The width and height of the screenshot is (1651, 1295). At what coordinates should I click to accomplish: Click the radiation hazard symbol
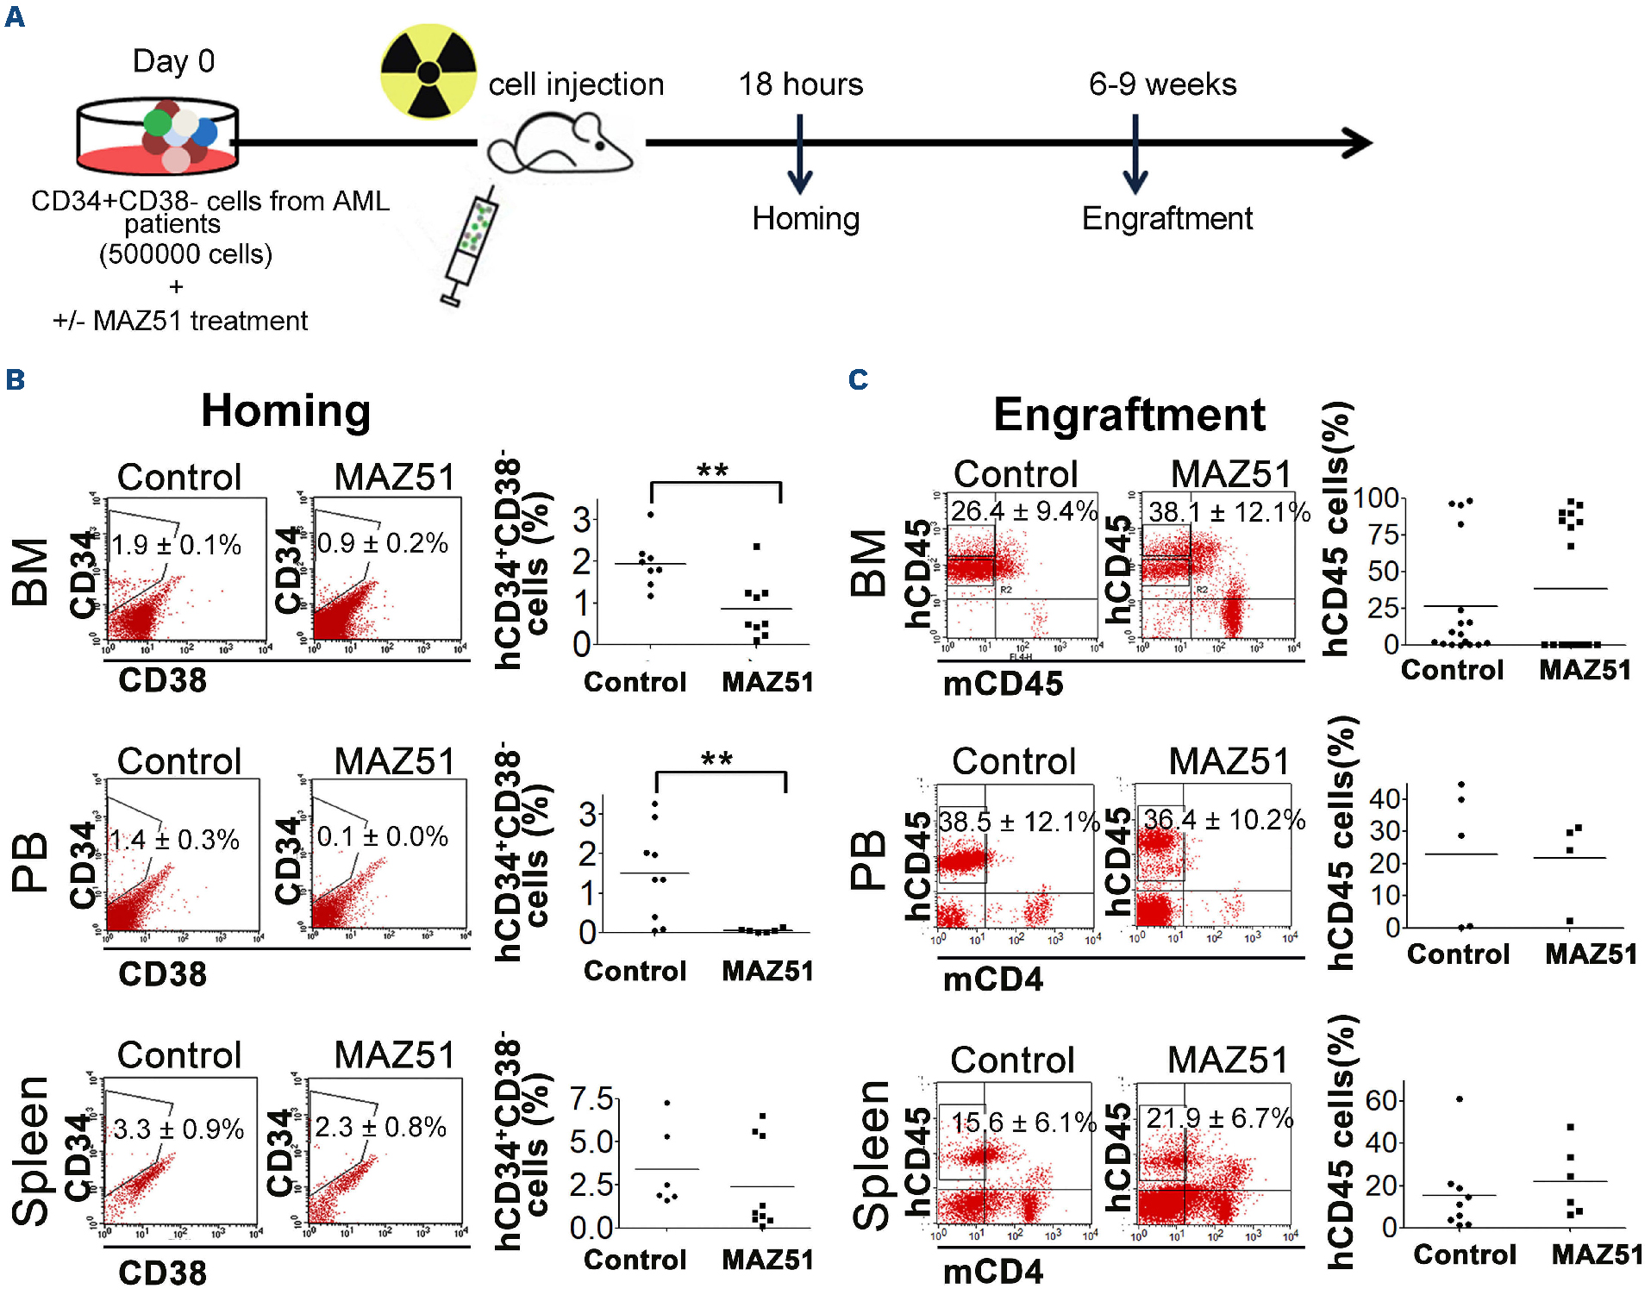(428, 72)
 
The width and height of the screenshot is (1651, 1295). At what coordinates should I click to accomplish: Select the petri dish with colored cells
(158, 136)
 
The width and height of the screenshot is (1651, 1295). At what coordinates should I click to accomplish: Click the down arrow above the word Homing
(800, 156)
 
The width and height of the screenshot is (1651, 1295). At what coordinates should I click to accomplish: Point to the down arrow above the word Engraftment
(1135, 156)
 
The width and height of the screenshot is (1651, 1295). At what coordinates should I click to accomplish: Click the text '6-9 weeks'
(1162, 84)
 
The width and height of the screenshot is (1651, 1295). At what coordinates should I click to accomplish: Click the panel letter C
(858, 379)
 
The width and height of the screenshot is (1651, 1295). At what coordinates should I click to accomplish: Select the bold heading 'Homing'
(285, 411)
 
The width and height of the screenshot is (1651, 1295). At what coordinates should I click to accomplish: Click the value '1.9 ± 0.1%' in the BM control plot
(177, 545)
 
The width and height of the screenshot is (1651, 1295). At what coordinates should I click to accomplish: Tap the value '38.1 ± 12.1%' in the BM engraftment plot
(1229, 512)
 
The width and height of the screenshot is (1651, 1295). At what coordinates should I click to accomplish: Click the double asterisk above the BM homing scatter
(713, 471)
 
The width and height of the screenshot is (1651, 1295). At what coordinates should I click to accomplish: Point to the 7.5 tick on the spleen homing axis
(591, 1099)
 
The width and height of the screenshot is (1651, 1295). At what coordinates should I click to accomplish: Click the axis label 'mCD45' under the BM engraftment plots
(1003, 684)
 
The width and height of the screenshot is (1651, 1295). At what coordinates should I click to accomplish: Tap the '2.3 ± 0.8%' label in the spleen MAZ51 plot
(380, 1127)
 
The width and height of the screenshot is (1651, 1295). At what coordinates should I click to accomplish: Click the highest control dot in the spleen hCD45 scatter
(1459, 1099)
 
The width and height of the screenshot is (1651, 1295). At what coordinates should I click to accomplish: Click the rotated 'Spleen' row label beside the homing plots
(31, 1151)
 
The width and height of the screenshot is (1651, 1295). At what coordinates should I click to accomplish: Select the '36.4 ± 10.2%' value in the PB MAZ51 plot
(1224, 819)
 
